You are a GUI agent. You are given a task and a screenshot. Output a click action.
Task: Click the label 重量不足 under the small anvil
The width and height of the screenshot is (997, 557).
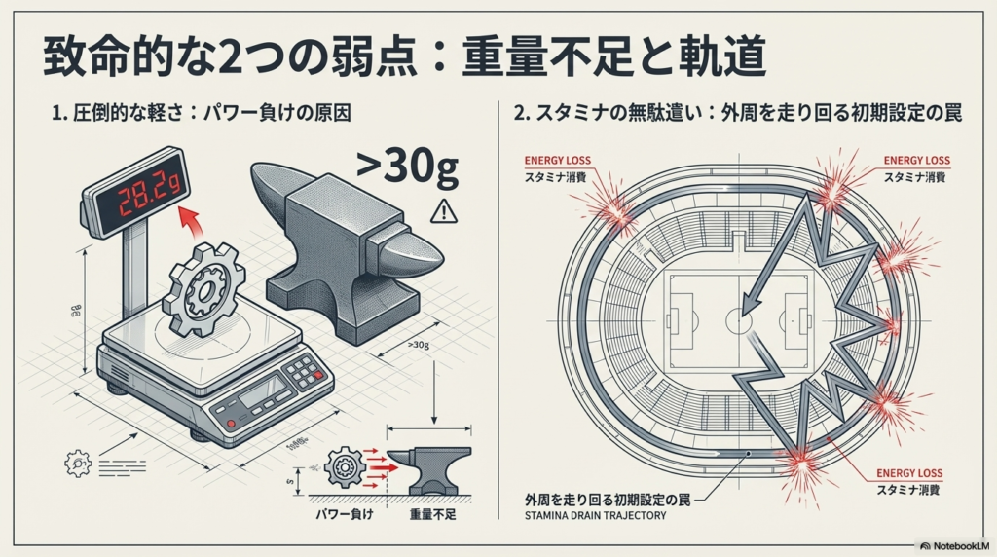coord(433,512)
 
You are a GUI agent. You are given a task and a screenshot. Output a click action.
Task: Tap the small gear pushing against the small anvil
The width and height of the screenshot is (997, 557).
coord(343,466)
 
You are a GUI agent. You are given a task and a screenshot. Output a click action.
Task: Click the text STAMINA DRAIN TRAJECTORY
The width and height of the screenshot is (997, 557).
coord(595,515)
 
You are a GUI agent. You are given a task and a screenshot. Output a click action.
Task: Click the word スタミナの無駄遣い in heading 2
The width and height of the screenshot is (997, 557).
coord(609,112)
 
